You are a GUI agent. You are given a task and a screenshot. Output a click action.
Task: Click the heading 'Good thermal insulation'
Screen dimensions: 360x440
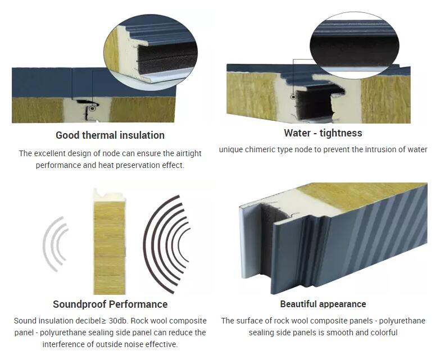point(110,135)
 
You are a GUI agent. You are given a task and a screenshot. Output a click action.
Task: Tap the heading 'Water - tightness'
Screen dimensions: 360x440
point(323,133)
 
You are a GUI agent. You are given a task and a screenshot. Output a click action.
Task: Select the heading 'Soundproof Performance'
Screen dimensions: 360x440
point(110,304)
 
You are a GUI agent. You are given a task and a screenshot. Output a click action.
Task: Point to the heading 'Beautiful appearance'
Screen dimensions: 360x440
point(323,304)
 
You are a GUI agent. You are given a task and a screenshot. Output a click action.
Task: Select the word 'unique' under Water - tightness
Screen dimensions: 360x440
point(232,150)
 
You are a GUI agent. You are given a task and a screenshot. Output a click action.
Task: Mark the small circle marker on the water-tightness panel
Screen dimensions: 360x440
point(293,97)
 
